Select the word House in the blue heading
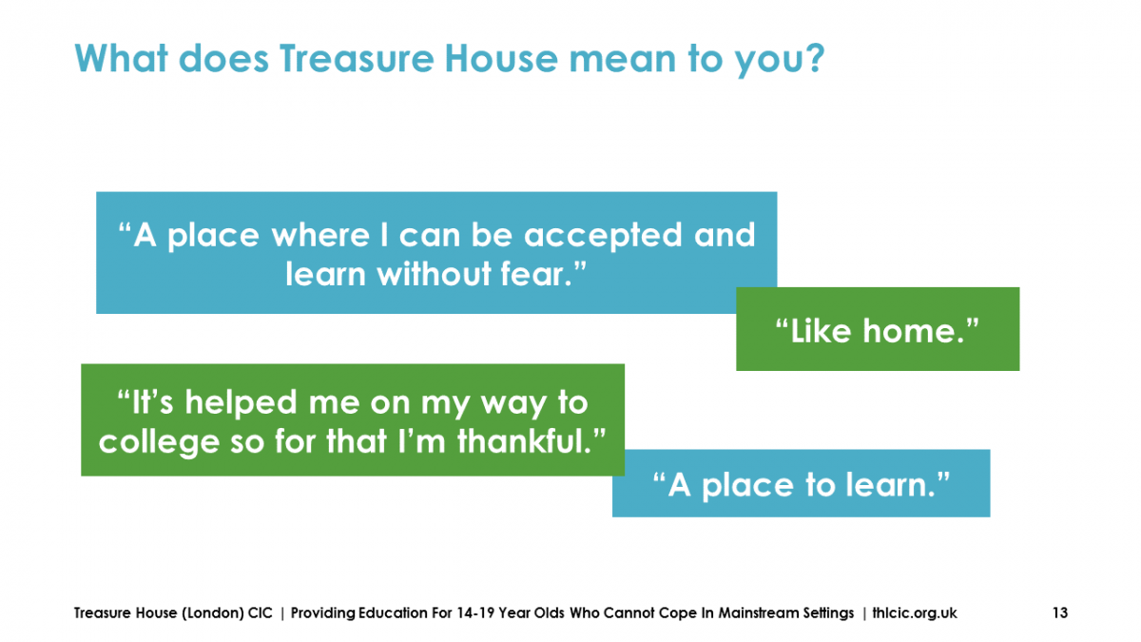coord(501,58)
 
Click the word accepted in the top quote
coord(603,237)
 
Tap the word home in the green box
coord(914,331)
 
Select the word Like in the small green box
coord(821,331)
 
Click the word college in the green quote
coord(159,442)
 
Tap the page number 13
coord(1060,613)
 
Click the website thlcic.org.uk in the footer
coord(915,613)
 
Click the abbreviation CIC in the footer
coord(260,613)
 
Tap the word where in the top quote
coord(320,236)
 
